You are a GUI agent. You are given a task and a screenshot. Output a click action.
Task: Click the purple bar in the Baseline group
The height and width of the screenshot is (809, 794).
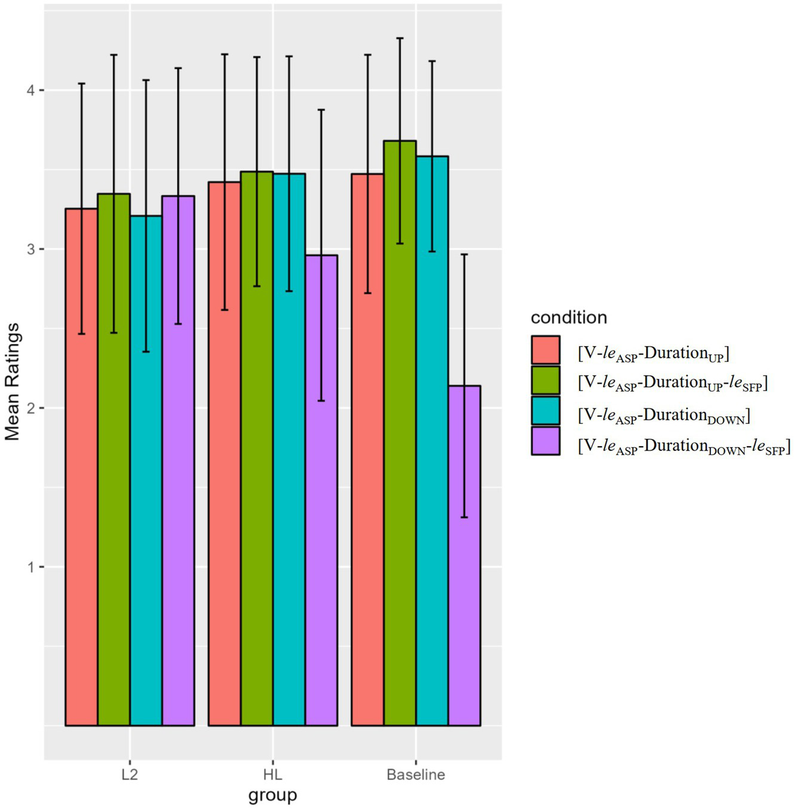point(464,556)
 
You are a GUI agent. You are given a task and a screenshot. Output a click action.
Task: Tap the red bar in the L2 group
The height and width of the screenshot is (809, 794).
point(81,466)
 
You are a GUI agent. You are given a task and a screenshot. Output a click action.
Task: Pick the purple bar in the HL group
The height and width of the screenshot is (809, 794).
point(321,490)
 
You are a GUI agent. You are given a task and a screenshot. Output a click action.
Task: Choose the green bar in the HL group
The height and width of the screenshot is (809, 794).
point(257,448)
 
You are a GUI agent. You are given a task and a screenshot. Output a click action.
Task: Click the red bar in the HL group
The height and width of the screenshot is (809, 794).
point(225,454)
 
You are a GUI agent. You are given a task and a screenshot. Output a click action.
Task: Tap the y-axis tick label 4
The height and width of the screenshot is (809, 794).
point(31,90)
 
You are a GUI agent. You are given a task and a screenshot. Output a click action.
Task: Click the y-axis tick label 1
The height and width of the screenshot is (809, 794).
point(31,567)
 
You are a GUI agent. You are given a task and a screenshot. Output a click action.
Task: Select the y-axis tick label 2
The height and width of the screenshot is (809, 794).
point(31,408)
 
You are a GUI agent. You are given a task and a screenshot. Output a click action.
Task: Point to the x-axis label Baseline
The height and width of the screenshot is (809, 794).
point(416,775)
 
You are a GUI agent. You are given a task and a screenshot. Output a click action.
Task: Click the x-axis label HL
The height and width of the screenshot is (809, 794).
point(272,775)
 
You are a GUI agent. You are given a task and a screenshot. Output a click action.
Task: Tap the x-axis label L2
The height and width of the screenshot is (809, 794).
point(130,775)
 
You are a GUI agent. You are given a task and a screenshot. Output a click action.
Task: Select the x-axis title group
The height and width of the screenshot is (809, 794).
point(272,795)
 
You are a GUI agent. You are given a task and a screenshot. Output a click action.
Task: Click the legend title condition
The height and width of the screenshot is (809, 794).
point(569,318)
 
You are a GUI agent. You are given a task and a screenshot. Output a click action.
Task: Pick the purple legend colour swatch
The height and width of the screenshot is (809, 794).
point(545,441)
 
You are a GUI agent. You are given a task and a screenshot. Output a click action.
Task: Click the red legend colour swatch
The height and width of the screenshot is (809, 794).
point(545,350)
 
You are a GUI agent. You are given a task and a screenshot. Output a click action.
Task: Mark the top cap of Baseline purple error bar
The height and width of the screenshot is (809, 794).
point(464,255)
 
